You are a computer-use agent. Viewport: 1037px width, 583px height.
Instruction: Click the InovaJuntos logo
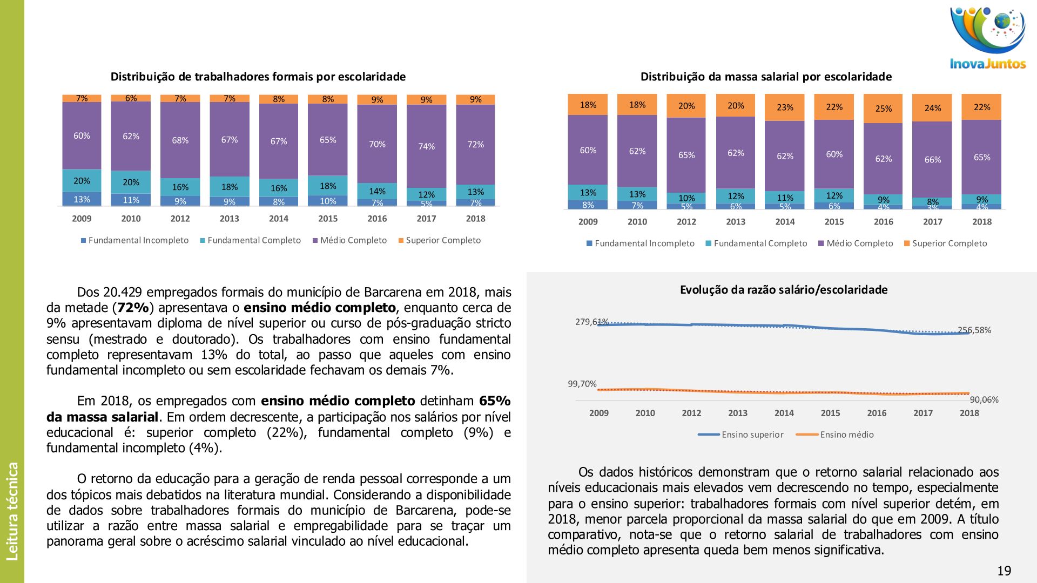pyautogui.click(x=987, y=38)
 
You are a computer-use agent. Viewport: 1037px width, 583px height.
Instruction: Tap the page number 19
pyautogui.click(x=1004, y=571)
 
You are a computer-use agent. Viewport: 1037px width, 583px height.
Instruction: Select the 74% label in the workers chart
pyautogui.click(x=426, y=146)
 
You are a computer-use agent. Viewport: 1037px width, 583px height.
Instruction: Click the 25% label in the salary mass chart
pyautogui.click(x=883, y=109)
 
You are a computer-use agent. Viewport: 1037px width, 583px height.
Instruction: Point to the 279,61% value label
pyautogui.click(x=591, y=322)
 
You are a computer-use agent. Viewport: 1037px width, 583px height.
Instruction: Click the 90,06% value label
pyautogui.click(x=984, y=399)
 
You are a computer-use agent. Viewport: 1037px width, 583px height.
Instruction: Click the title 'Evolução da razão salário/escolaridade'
pyautogui.click(x=783, y=290)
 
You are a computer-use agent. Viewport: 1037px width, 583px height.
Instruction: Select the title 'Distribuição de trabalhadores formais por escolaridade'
pyautogui.click(x=258, y=77)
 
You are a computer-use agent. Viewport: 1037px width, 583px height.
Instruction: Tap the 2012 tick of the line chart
pyautogui.click(x=691, y=413)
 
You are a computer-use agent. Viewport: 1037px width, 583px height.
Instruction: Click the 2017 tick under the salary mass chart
pyautogui.click(x=932, y=221)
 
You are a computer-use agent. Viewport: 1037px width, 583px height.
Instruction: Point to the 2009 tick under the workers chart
pyautogui.click(x=82, y=219)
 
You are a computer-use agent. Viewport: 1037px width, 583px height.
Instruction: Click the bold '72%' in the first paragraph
pyautogui.click(x=133, y=308)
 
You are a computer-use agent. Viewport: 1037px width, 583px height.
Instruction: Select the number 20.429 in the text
pyautogui.click(x=122, y=292)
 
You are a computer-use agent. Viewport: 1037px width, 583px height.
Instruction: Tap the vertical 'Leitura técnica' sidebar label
pyautogui.click(x=12, y=511)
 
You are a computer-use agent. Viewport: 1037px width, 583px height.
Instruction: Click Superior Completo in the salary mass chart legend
pyautogui.click(x=948, y=243)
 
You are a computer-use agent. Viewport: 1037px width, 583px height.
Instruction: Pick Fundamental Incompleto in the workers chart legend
pyautogui.click(x=138, y=240)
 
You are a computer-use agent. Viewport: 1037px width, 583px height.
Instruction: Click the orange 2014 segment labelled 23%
pyautogui.click(x=785, y=107)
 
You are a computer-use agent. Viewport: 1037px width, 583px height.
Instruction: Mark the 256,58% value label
pyautogui.click(x=974, y=330)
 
